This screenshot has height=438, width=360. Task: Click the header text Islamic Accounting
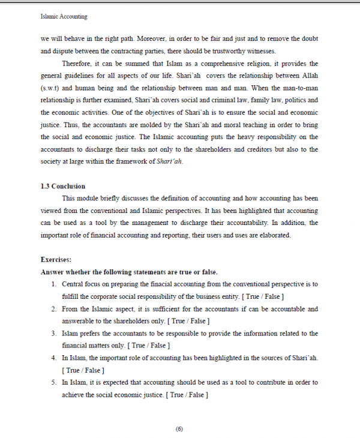point(64,18)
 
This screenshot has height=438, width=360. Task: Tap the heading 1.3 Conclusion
point(62,186)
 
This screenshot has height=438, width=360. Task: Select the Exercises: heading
point(56,260)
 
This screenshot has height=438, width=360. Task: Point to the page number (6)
point(179,428)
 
